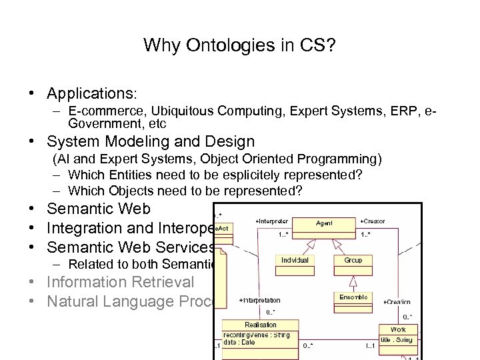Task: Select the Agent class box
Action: click(x=325, y=224)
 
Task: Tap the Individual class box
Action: click(x=295, y=260)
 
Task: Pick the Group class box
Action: click(x=353, y=260)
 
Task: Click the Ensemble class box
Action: click(x=353, y=297)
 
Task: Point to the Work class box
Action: click(x=398, y=330)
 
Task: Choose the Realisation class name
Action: click(x=260, y=325)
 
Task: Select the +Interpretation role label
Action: click(x=259, y=301)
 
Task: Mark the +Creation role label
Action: click(x=397, y=302)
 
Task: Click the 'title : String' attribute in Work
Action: click(x=397, y=340)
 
